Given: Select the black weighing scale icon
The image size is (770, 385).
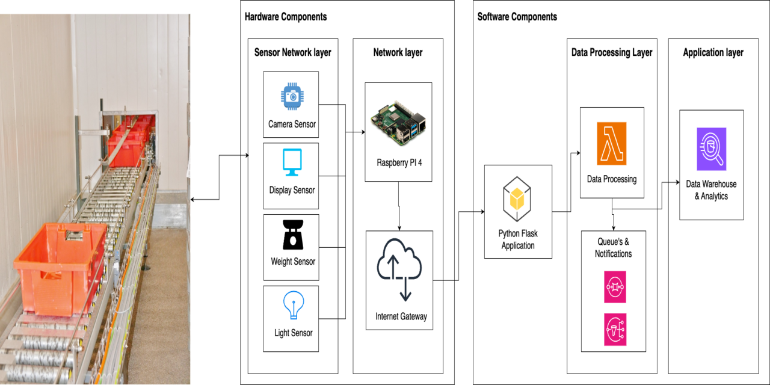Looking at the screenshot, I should point(293,235).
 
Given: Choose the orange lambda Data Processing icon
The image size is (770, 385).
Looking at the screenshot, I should point(611,144).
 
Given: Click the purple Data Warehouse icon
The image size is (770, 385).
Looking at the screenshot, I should point(711,149).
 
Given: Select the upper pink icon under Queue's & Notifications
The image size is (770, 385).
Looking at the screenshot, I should point(615,287).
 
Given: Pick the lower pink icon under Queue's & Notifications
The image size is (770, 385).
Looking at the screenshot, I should point(615,329).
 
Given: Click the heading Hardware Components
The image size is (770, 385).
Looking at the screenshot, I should point(286,17).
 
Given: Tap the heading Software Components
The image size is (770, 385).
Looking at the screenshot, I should point(517,17).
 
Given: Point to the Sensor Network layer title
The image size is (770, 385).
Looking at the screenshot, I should point(292,52).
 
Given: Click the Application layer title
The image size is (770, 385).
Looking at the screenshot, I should point(713,52).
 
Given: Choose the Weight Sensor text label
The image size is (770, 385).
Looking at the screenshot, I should point(293,262).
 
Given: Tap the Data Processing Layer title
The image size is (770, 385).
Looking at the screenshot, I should point(611,52).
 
